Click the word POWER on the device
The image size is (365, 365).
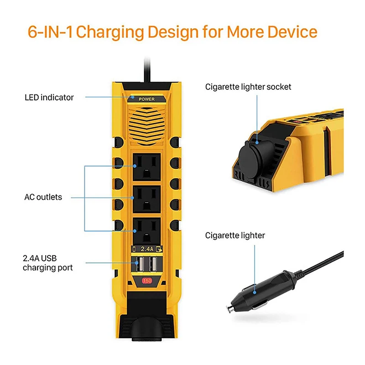click(146, 99)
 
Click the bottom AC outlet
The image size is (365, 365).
click(146, 231)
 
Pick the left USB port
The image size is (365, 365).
click(140, 265)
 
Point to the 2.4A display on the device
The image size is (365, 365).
click(146, 249)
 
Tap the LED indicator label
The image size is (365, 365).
click(49, 97)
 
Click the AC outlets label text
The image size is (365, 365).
click(43, 198)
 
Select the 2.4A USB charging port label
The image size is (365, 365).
click(48, 263)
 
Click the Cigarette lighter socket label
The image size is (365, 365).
click(248, 87)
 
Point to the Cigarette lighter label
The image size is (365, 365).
click(235, 235)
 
